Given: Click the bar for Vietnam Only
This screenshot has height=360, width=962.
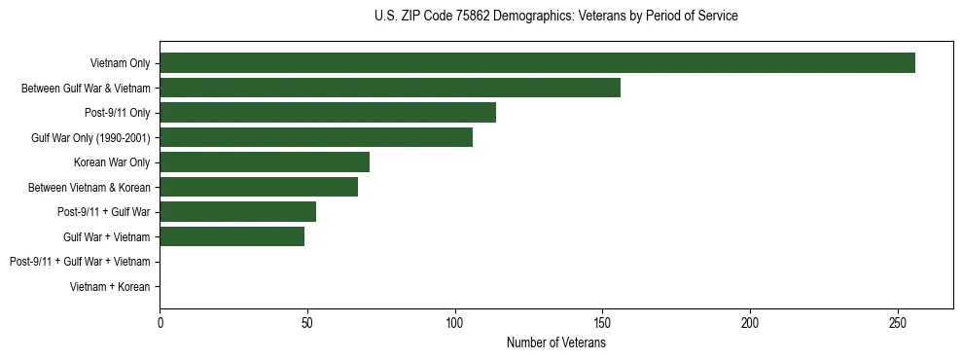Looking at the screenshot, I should (x=537, y=62).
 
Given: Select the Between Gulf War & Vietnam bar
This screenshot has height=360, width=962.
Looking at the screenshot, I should (x=390, y=88).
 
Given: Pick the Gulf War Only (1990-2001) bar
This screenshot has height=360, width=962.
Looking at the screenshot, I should (x=316, y=137).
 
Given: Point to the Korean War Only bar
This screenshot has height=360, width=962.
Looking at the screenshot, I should (x=265, y=162).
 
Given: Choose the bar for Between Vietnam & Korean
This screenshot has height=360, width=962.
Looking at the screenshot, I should (x=259, y=187).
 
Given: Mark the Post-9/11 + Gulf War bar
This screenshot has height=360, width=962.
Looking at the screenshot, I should (x=237, y=211).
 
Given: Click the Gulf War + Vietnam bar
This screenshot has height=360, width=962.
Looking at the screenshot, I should (x=232, y=236).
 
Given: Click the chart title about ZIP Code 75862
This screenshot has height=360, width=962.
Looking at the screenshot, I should (x=555, y=17).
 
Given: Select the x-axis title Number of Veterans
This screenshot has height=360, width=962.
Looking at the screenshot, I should (x=555, y=342).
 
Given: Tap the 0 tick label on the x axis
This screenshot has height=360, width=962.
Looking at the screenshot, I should (x=160, y=322).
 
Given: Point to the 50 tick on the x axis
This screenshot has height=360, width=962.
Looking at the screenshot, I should (x=307, y=322).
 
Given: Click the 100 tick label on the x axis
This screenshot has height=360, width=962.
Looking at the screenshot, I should (x=454, y=322).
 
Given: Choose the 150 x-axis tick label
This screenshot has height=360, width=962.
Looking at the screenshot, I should (x=602, y=322).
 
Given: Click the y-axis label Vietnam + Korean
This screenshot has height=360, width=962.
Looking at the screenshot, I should (x=110, y=287).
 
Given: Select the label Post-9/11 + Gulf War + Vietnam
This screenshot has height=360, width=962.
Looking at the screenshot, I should (x=80, y=262).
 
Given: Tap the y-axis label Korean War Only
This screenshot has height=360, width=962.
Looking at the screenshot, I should (x=112, y=162).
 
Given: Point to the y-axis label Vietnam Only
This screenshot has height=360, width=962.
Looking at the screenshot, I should (x=120, y=63).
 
